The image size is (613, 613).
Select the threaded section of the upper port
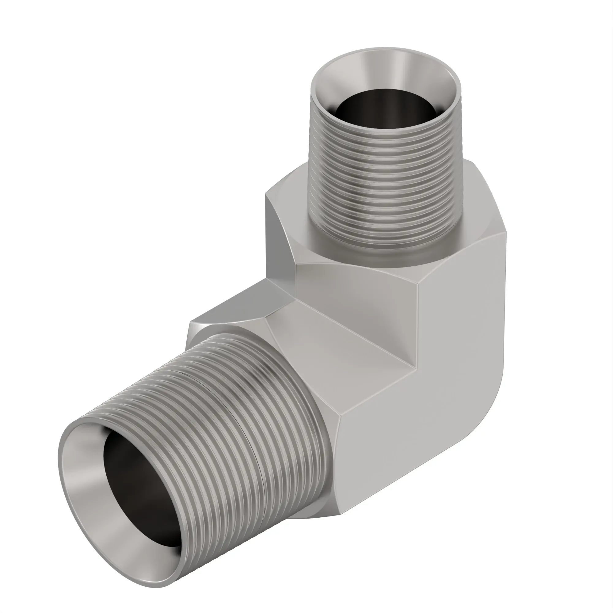coord(384,178)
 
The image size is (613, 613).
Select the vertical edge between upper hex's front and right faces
coord(419,324)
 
